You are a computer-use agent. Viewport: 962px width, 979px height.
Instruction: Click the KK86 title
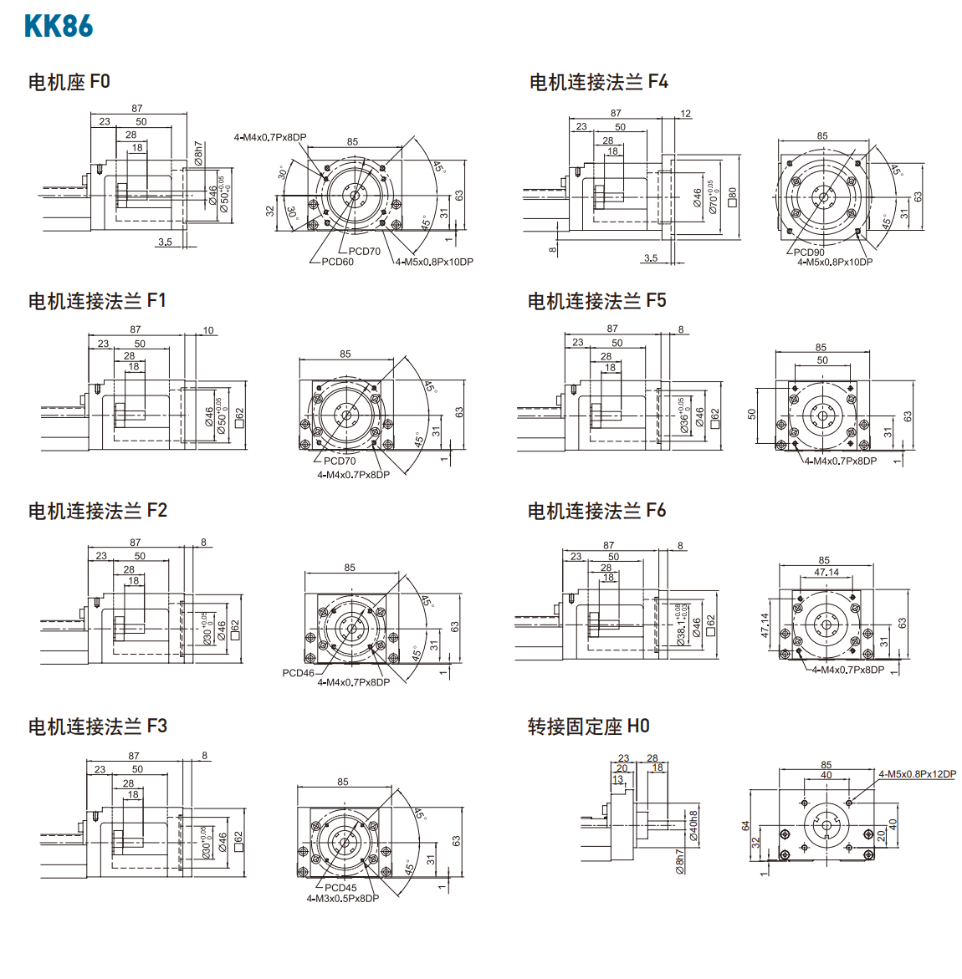(x=59, y=26)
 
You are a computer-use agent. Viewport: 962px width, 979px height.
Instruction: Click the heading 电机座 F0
(x=69, y=82)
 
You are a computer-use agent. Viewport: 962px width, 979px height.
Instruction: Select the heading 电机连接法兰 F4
(x=598, y=82)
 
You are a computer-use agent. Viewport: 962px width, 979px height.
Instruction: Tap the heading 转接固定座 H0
(x=588, y=727)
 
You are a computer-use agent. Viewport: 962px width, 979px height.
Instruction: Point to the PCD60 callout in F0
(x=338, y=262)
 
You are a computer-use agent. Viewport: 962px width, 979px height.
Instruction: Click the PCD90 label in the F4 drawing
(x=809, y=252)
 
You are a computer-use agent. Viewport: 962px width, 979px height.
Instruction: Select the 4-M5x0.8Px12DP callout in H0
(x=917, y=774)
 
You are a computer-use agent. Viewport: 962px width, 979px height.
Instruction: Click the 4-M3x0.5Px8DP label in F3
(x=342, y=898)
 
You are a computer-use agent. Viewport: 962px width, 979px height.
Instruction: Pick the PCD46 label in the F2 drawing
(x=298, y=672)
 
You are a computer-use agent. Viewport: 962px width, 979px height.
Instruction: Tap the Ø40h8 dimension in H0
(x=693, y=825)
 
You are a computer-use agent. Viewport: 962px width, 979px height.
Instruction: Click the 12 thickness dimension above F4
(x=686, y=114)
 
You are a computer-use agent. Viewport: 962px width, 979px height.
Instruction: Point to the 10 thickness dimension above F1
(x=208, y=330)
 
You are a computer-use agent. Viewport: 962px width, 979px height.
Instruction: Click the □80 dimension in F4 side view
(x=733, y=197)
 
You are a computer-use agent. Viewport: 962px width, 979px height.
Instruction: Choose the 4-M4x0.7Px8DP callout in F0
(x=270, y=137)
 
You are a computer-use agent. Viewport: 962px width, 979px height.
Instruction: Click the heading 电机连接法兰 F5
(x=596, y=301)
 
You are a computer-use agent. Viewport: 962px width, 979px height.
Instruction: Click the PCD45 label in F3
(x=340, y=888)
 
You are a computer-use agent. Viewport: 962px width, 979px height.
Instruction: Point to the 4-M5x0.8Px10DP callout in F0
(x=434, y=262)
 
